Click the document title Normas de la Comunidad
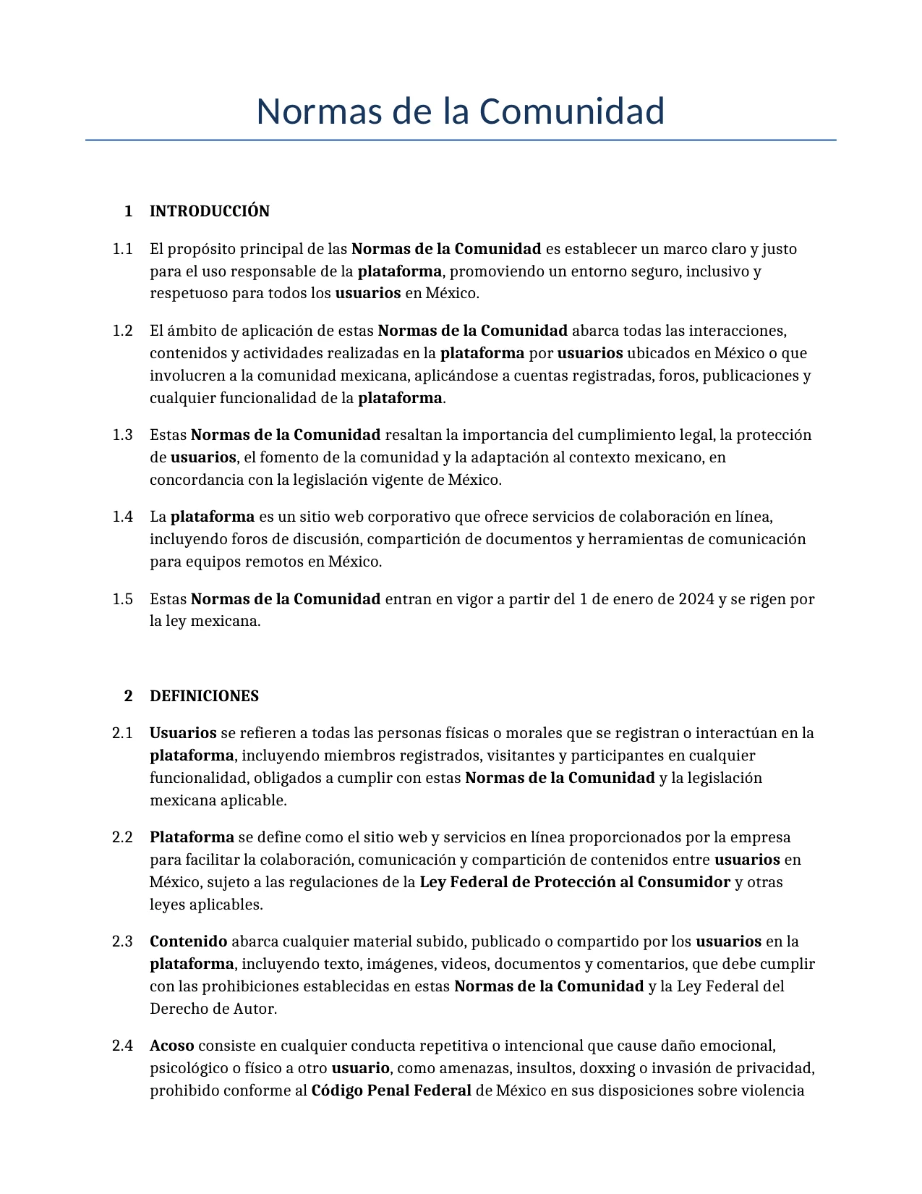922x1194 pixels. (x=460, y=112)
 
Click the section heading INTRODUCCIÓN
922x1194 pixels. (x=209, y=211)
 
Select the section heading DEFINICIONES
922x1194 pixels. (x=204, y=696)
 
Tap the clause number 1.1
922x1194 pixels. (x=123, y=249)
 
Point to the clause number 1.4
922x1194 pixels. (x=123, y=517)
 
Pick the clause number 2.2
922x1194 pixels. (x=123, y=837)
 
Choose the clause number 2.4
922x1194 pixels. (x=123, y=1046)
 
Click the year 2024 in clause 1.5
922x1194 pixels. (x=696, y=599)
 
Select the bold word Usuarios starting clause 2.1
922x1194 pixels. (x=183, y=733)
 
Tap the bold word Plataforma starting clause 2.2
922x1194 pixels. (x=192, y=837)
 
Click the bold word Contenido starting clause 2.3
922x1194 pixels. (x=188, y=941)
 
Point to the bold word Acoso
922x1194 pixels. (x=171, y=1046)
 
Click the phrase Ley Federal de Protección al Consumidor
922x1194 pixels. (x=574, y=882)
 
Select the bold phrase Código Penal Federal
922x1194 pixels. (x=391, y=1091)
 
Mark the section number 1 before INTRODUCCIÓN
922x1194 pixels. (x=129, y=211)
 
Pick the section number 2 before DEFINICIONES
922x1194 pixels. (x=129, y=696)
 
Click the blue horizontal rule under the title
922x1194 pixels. (x=460, y=140)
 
